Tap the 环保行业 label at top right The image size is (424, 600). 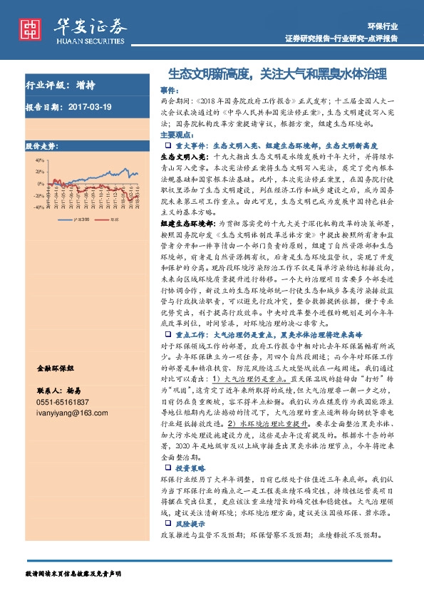pyautogui.click(x=384, y=26)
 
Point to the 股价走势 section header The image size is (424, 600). pyautogui.click(x=42, y=145)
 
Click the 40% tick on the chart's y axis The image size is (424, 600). pyautogui.click(x=38, y=160)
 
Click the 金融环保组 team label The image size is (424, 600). pyautogui.click(x=56, y=369)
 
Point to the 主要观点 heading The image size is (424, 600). pyautogui.click(x=175, y=134)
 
